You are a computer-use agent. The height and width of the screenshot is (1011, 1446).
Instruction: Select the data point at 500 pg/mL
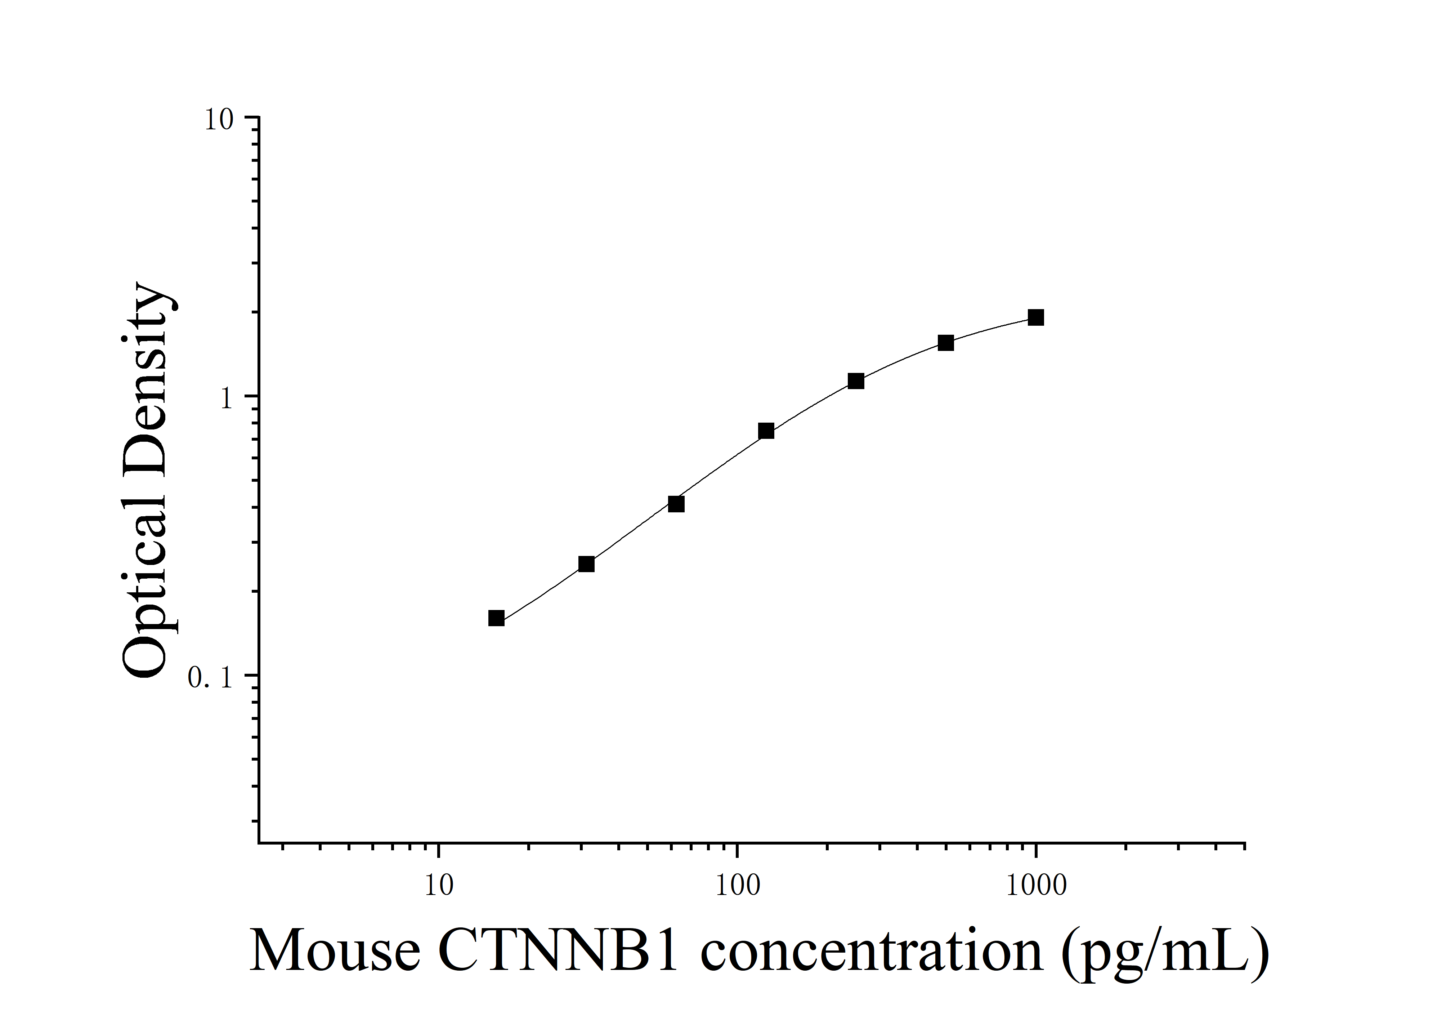[x=945, y=343]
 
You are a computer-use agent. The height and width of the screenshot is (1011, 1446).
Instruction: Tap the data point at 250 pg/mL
[x=855, y=381]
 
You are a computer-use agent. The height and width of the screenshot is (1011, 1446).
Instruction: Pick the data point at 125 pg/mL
[x=766, y=431]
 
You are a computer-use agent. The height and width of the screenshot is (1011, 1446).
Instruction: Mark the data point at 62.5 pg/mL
[x=676, y=504]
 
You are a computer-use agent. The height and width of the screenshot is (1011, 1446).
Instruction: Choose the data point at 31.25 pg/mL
[x=586, y=564]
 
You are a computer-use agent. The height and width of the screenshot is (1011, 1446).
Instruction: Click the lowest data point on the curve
[x=496, y=618]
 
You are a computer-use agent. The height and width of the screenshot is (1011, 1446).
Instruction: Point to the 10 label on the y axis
[x=219, y=120]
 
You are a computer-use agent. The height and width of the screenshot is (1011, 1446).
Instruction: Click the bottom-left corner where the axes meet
[x=259, y=842]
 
